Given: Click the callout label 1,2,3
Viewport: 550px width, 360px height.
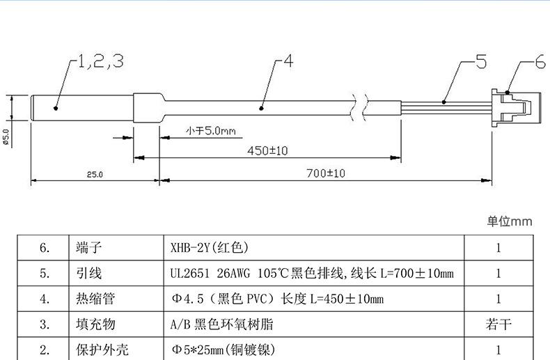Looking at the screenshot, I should (x=100, y=61).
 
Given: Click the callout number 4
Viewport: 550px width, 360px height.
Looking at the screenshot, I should (x=288, y=61).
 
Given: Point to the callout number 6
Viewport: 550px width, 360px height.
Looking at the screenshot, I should (x=540, y=63).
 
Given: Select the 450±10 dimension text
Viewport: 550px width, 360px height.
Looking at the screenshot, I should (x=267, y=150).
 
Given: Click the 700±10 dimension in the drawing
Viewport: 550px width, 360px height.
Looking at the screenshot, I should (x=325, y=172).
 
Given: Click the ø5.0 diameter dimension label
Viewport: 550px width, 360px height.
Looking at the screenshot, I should (x=6, y=136).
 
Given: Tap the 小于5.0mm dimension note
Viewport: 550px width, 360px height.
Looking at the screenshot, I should (x=211, y=130).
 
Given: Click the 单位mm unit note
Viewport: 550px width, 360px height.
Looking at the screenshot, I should (x=509, y=221).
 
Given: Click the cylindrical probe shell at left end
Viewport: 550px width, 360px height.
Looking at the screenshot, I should (x=82, y=107).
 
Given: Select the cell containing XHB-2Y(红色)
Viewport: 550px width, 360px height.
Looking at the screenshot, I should (x=209, y=248).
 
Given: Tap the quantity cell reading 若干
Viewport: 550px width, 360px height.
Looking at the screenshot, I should (x=498, y=324).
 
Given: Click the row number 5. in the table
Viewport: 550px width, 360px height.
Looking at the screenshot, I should (x=45, y=274).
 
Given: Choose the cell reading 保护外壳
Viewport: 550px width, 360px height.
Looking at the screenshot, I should (x=100, y=350).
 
